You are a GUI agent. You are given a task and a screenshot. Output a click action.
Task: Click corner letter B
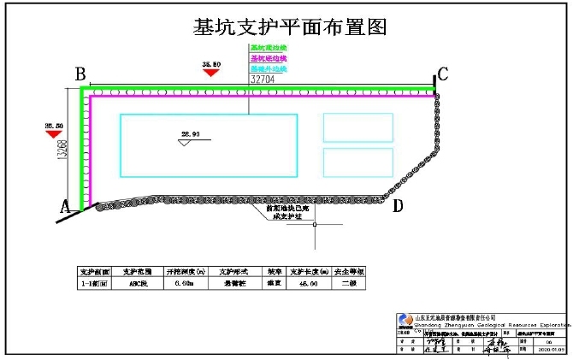(80, 74)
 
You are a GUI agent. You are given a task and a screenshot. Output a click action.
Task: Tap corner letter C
(443, 74)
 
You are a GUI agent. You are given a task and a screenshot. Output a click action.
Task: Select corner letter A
(63, 206)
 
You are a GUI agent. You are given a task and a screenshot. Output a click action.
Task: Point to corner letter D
(397, 205)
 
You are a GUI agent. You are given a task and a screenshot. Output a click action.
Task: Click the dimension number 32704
(263, 79)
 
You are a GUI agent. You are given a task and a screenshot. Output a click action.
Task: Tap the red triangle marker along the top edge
(210, 73)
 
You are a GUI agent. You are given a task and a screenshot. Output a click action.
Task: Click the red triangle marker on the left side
(54, 133)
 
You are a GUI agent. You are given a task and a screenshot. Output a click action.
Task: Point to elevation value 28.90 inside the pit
(190, 134)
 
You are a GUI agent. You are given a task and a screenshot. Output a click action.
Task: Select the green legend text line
(268, 49)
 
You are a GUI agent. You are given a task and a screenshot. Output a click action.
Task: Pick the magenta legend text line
(268, 58)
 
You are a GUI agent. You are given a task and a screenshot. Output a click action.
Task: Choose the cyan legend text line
(268, 68)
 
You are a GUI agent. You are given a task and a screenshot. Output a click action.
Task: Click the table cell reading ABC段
(137, 282)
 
